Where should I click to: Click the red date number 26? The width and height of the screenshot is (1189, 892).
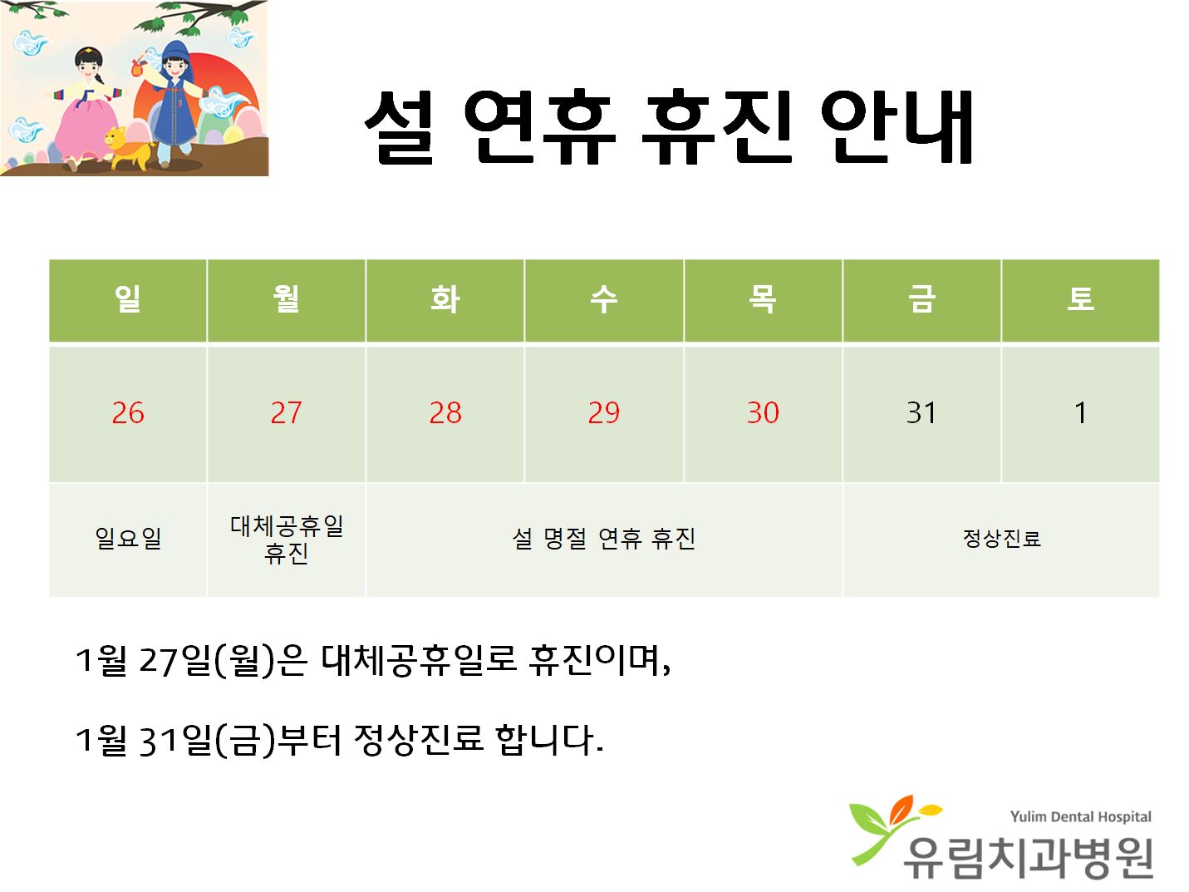click(128, 413)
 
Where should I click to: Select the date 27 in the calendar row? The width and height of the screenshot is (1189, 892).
click(286, 413)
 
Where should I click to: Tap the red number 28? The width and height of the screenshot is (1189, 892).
click(445, 413)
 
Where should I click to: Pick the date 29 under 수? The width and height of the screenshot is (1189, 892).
click(603, 413)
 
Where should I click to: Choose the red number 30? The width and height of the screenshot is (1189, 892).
click(763, 413)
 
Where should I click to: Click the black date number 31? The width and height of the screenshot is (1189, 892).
click(921, 413)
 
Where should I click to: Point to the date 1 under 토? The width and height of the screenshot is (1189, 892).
click(1080, 413)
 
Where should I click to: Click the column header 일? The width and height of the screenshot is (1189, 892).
click(128, 298)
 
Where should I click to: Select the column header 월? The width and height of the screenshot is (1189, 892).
click(286, 298)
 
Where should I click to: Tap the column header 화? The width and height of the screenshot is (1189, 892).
click(445, 298)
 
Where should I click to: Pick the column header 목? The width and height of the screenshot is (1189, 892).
click(763, 298)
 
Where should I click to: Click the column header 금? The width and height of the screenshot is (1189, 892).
click(921, 298)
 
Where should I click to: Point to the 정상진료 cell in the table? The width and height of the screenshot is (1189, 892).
click(1001, 539)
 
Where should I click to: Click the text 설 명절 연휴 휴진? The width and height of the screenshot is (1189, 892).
click(603, 539)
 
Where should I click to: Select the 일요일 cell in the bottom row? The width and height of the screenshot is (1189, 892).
click(128, 538)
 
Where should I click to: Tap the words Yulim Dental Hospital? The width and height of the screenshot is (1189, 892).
click(1081, 816)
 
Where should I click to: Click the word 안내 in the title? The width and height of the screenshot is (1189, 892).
click(897, 127)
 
